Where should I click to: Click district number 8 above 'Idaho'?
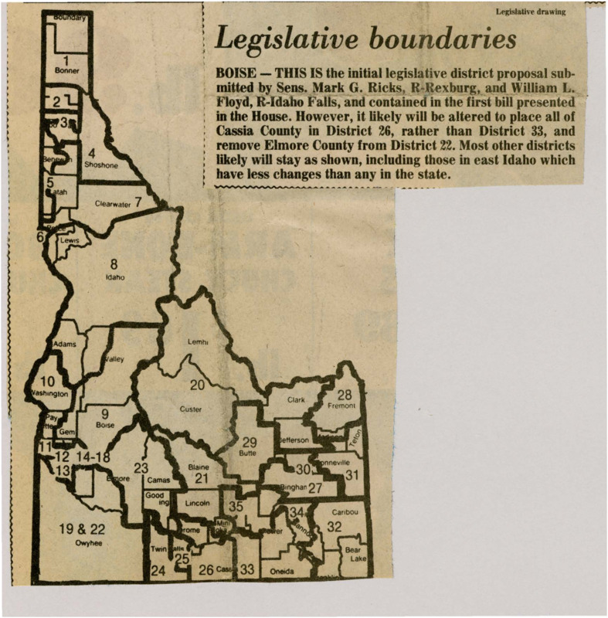[112, 264]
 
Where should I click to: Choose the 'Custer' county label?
[190, 409]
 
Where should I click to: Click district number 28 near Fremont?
[345, 395]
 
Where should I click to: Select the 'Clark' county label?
[297, 400]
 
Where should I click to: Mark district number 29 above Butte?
[249, 443]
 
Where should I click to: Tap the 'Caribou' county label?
[344, 511]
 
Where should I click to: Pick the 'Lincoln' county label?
[199, 504]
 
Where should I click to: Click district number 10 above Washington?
[46, 381]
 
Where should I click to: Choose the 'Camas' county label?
[158, 479]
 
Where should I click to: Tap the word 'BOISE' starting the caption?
[237, 70]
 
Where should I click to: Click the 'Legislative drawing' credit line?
[531, 11]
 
